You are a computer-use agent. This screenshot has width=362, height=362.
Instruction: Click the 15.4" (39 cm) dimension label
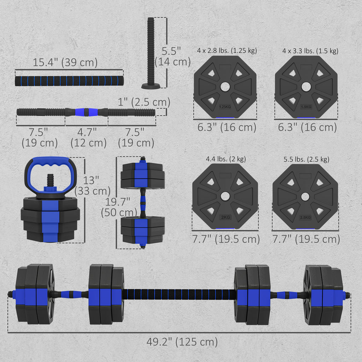[x=65, y=62]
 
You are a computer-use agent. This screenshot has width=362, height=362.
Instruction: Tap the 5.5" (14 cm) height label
[x=173, y=56]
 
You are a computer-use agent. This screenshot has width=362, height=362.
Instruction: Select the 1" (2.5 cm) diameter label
[x=144, y=102]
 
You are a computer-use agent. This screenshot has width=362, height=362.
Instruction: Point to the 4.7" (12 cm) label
[x=88, y=138]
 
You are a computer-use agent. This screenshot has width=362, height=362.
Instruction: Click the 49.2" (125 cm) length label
[x=182, y=342]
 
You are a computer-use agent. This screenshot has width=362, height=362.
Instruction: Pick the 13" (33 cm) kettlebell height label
[x=92, y=186]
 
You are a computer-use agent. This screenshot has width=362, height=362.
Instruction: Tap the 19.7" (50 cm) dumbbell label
[x=119, y=207]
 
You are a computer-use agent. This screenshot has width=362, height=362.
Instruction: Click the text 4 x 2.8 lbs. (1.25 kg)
[x=227, y=51]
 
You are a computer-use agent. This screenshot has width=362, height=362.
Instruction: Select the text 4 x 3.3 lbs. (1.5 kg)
[x=310, y=51]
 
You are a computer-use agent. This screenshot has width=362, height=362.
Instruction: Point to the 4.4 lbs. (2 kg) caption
[x=226, y=159]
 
